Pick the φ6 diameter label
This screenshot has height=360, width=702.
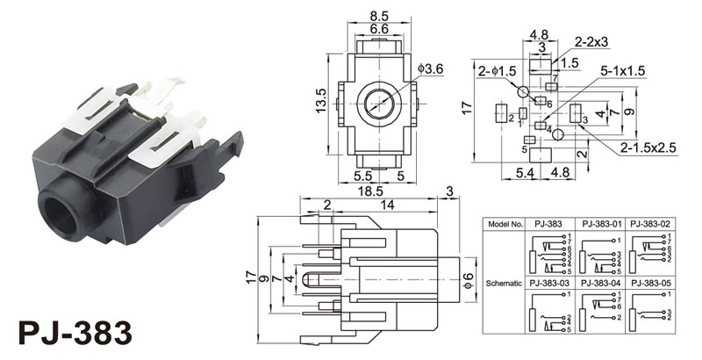point(470,280)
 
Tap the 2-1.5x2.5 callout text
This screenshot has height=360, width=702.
point(648,148)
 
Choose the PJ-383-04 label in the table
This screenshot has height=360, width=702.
point(599,282)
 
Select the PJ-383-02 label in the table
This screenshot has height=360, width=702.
point(651,223)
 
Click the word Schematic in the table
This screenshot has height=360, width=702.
point(505,282)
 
